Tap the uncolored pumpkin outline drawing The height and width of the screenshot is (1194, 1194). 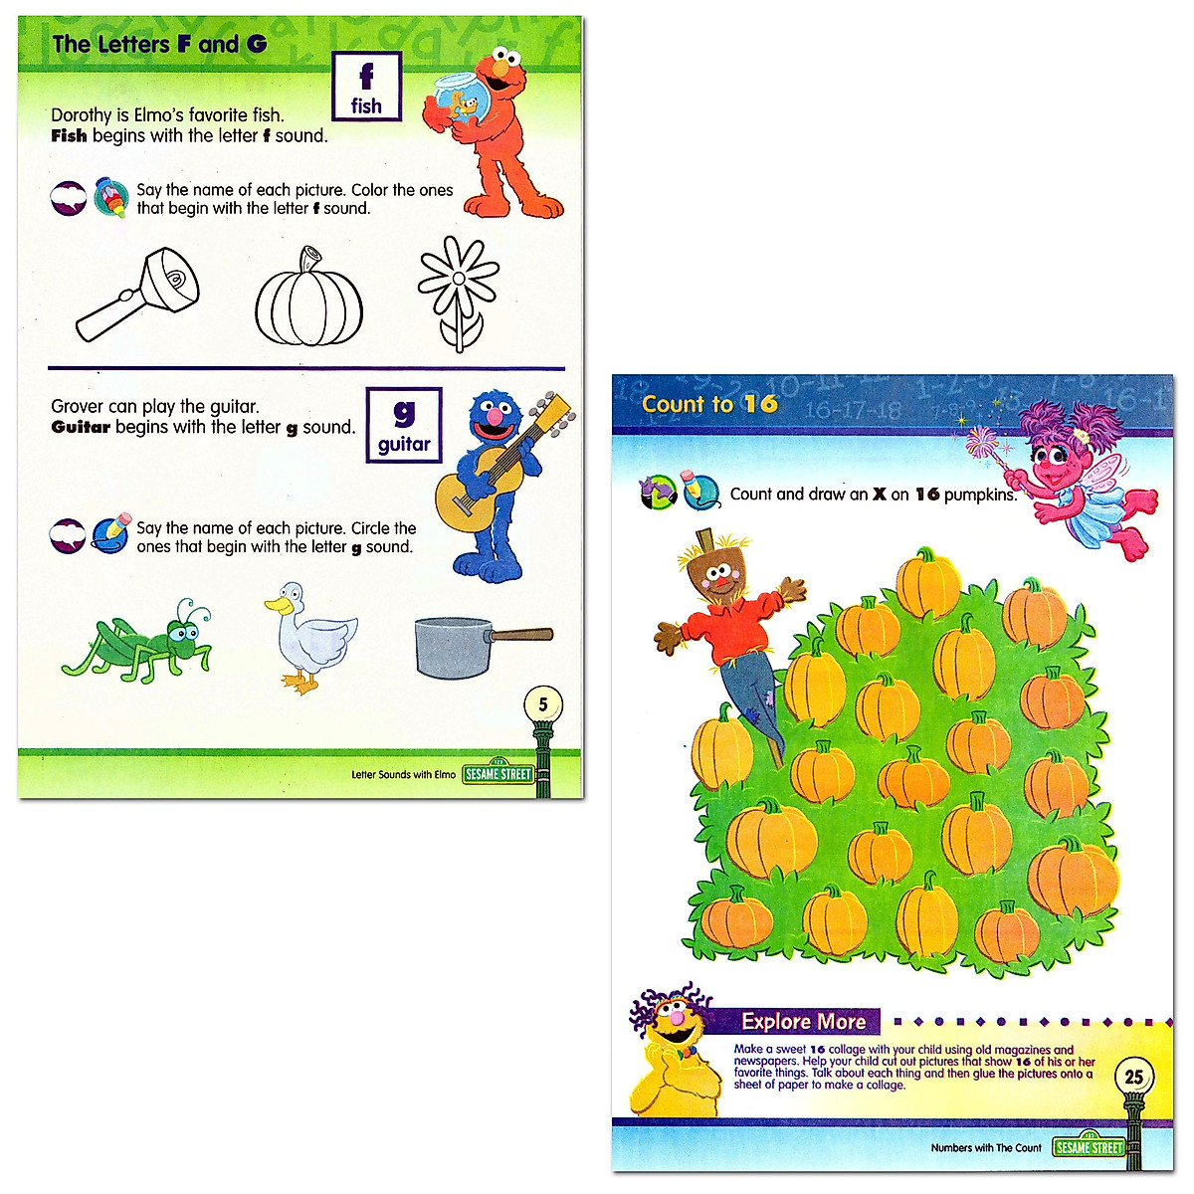pyautogui.click(x=308, y=298)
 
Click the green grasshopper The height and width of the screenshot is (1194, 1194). pyautogui.click(x=139, y=645)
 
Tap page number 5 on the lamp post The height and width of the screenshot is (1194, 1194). pyautogui.click(x=542, y=704)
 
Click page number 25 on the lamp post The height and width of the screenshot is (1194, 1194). pyautogui.click(x=1133, y=1076)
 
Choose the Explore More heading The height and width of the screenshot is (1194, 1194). pyautogui.click(x=803, y=1021)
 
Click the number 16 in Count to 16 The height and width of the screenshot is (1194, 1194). pyautogui.click(x=760, y=404)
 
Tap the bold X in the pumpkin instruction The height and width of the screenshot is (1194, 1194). pyautogui.click(x=879, y=494)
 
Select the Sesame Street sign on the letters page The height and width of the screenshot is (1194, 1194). pyautogui.click(x=498, y=773)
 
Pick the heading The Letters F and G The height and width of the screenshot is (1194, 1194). pyautogui.click(x=159, y=44)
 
